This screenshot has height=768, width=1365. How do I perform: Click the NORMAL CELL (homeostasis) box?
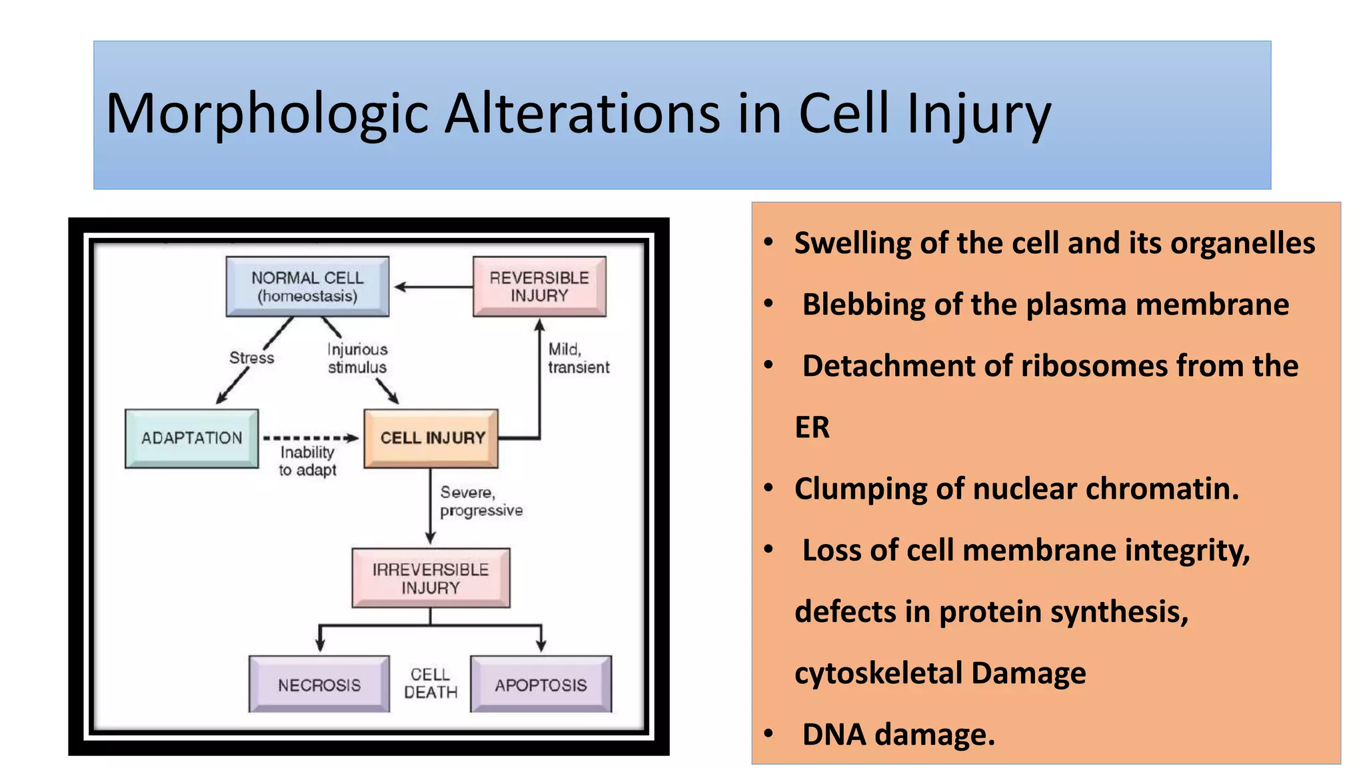pyautogui.click(x=307, y=287)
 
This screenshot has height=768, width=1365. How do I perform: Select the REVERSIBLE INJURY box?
pyautogui.click(x=539, y=287)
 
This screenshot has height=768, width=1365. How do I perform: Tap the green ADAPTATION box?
pyautogui.click(x=192, y=438)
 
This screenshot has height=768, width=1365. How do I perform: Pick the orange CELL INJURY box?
pyautogui.click(x=431, y=438)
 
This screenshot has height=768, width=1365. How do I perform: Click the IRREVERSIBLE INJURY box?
pyautogui.click(x=431, y=578)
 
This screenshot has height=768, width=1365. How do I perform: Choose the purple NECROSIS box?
pyautogui.click(x=319, y=685)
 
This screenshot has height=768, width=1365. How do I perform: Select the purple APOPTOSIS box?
pyautogui.click(x=541, y=685)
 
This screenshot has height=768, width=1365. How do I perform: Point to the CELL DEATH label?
pyautogui.click(x=431, y=683)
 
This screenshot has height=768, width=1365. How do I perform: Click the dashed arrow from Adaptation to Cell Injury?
pyautogui.click(x=310, y=438)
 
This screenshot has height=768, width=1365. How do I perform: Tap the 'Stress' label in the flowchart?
pyautogui.click(x=251, y=358)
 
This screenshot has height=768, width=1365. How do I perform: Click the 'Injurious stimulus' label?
pyautogui.click(x=357, y=359)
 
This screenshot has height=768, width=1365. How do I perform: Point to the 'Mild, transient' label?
pyautogui.click(x=578, y=359)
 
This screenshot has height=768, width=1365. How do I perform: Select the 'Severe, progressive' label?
pyautogui.click(x=481, y=501)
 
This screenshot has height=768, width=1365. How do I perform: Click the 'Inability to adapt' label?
pyautogui.click(x=307, y=461)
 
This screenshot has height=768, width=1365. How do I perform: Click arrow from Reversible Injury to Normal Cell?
pyautogui.click(x=433, y=287)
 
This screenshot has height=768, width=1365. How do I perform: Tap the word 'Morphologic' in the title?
pyautogui.click(x=267, y=113)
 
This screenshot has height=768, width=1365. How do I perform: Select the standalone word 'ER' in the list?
pyautogui.click(x=812, y=427)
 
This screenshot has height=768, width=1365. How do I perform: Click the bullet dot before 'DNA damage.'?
pyautogui.click(x=768, y=734)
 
